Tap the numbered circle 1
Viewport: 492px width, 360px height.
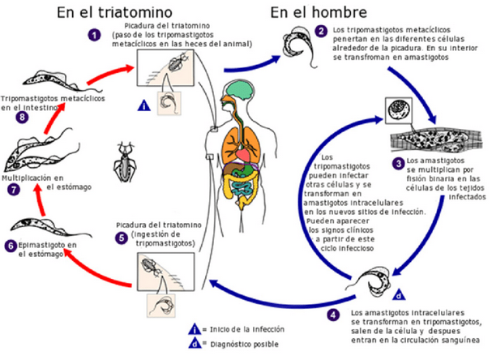95,36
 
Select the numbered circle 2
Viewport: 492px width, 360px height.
322,32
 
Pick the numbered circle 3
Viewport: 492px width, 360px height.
398,163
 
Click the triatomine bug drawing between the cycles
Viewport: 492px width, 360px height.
126,156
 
